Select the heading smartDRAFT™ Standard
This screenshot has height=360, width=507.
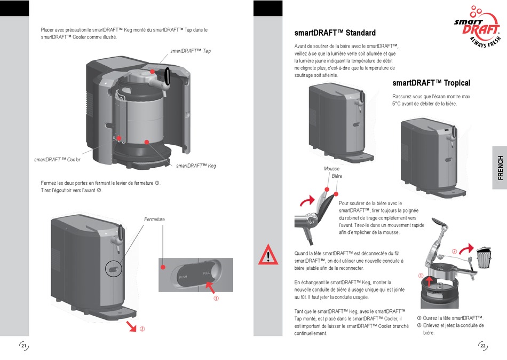click(335, 33)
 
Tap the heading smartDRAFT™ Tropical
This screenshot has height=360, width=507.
click(431, 83)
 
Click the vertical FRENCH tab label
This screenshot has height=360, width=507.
click(500, 168)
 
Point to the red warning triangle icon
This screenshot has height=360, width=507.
click(268, 255)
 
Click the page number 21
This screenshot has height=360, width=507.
click(23, 346)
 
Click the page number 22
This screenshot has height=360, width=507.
click(482, 346)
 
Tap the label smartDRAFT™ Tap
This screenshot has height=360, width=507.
click(191, 51)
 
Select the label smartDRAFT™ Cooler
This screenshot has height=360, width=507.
click(57, 160)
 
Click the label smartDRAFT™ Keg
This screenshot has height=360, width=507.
click(196, 166)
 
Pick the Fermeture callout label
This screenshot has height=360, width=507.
click(154, 220)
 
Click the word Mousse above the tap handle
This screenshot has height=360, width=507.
click(331, 169)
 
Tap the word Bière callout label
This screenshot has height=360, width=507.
click(337, 176)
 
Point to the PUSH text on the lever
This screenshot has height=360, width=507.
click(183, 277)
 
